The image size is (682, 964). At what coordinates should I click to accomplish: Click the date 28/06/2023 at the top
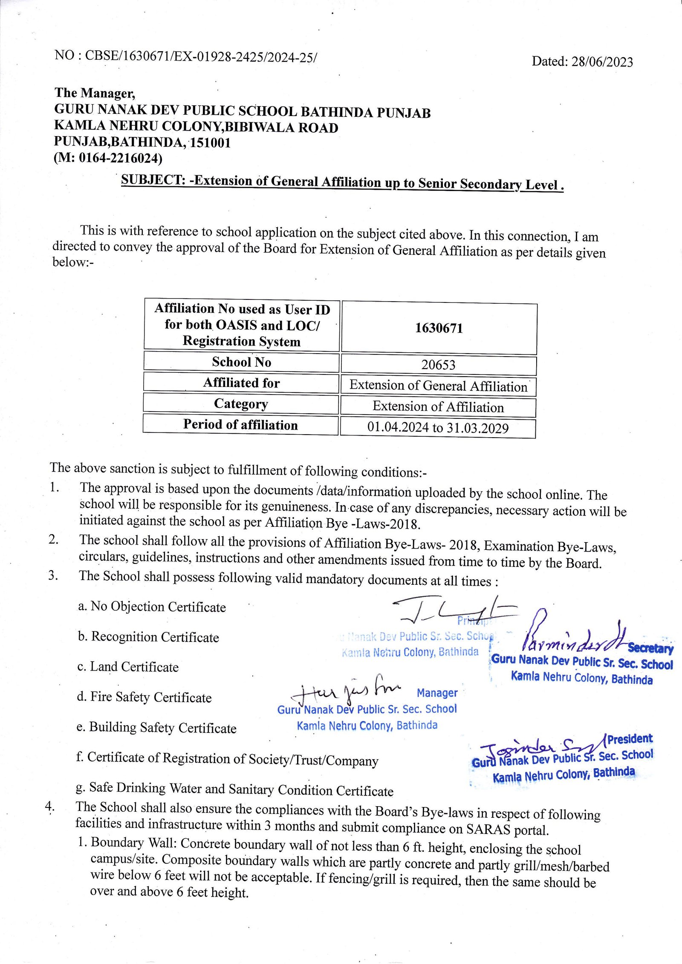[602, 62]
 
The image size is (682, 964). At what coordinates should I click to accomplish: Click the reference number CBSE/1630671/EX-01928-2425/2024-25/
[201, 56]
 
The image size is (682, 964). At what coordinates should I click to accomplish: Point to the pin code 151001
[210, 142]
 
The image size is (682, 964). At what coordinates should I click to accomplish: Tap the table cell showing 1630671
[439, 328]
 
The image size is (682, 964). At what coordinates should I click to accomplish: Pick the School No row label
[241, 362]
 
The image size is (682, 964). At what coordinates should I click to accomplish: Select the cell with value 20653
[438, 365]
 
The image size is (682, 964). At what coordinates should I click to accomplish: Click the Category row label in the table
[241, 404]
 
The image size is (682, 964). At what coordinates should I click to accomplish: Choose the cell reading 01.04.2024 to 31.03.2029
[438, 428]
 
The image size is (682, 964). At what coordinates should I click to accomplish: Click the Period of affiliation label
[240, 424]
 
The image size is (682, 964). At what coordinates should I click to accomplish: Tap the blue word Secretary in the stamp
[650, 648]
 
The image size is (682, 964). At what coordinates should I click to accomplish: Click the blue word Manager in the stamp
[437, 693]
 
